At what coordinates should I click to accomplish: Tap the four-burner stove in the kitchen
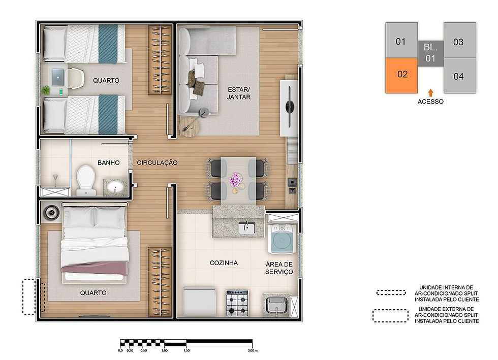(x=237, y=303)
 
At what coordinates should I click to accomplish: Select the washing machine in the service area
(x=282, y=239)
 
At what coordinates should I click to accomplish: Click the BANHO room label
(x=109, y=163)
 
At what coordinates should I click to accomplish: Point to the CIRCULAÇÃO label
(x=157, y=162)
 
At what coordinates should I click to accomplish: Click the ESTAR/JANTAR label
(x=239, y=93)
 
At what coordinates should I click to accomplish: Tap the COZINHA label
(x=224, y=263)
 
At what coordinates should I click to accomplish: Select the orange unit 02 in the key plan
(x=401, y=76)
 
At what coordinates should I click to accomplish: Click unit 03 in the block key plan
(x=459, y=40)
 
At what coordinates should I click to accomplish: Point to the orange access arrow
(x=431, y=93)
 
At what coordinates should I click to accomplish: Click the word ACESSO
(x=430, y=102)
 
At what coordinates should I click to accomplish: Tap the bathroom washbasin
(x=115, y=187)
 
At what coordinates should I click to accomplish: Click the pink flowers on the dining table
(x=236, y=180)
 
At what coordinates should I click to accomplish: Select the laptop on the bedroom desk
(x=58, y=77)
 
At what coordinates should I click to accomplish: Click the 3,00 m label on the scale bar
(x=253, y=350)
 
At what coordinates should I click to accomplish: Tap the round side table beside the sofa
(x=189, y=126)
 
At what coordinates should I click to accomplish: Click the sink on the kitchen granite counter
(x=247, y=227)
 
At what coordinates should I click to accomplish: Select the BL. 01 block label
(x=430, y=53)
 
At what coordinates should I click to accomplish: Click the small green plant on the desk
(x=46, y=90)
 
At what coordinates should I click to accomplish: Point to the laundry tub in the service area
(x=276, y=305)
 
